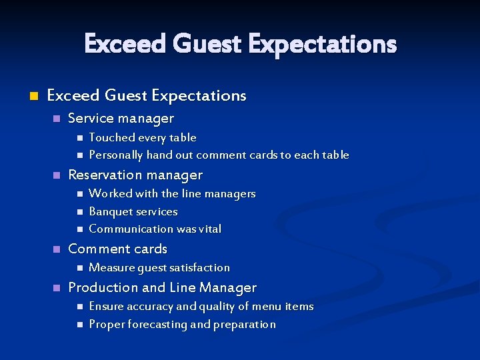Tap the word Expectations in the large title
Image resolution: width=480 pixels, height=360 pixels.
(322, 45)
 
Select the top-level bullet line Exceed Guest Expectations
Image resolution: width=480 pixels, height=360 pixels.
(147, 96)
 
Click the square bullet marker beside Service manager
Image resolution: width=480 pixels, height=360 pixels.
(57, 119)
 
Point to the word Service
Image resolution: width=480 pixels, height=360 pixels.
(90, 119)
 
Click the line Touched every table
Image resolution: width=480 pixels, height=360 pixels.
(143, 137)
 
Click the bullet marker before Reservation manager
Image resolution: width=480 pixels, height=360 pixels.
(57, 175)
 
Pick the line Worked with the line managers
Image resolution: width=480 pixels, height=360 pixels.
(172, 194)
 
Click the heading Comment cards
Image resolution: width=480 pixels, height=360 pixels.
(117, 249)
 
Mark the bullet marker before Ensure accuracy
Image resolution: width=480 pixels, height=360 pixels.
(79, 307)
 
